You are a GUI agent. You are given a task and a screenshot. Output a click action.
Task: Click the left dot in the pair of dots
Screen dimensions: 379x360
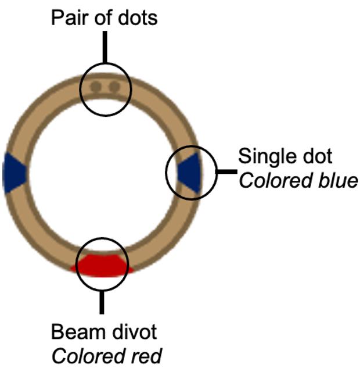[x=96, y=88]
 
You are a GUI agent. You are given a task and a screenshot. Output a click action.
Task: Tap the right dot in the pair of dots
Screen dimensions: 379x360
[x=114, y=88]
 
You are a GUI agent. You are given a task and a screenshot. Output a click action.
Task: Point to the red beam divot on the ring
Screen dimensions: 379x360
[x=103, y=264]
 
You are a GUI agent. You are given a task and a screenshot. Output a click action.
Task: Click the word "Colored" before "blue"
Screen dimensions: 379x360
[x=271, y=181]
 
